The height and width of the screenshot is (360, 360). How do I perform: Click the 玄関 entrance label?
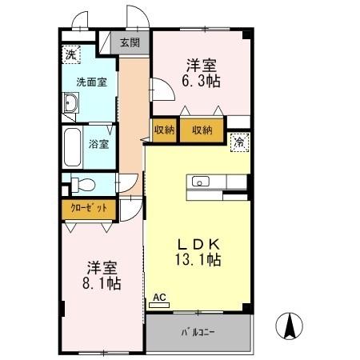click(130, 43)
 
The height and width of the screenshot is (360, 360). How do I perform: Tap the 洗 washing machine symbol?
click(72, 54)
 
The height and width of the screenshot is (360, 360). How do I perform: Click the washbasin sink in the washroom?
click(70, 103)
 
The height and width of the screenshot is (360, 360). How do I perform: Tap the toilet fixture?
click(80, 184)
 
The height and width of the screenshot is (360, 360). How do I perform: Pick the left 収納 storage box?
click(163, 130)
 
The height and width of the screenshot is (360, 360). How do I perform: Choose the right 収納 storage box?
click(201, 130)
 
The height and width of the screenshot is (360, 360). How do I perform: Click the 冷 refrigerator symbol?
click(238, 142)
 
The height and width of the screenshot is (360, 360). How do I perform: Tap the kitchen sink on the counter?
click(200, 181)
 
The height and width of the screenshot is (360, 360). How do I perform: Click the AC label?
click(159, 298)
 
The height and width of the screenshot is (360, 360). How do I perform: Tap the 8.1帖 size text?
click(102, 283)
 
